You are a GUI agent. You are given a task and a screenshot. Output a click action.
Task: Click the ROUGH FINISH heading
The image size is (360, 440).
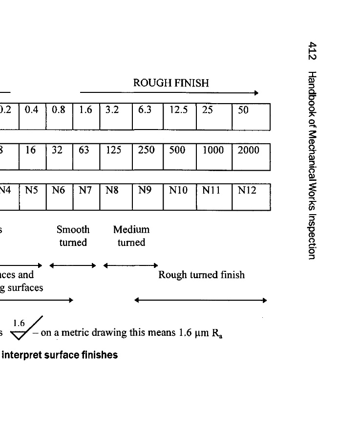[x=171, y=83]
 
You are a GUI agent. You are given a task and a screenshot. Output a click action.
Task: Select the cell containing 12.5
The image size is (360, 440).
[x=179, y=116]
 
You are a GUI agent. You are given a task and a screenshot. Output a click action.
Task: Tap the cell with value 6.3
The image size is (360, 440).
[x=148, y=116]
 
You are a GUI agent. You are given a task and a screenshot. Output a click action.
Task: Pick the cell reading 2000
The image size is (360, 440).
[x=251, y=156]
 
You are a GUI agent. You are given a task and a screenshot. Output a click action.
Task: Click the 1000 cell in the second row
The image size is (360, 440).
[x=214, y=156]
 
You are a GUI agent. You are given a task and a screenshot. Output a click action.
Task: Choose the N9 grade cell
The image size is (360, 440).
[x=148, y=197]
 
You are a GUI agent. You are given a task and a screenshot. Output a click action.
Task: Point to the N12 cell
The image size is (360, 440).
[x=251, y=197]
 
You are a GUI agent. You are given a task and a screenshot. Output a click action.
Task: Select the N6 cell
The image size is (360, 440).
[x=59, y=197]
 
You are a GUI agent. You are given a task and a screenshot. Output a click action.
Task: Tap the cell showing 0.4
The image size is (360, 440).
[x=32, y=116]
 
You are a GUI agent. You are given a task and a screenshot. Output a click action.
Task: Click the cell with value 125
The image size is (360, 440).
[x=116, y=156]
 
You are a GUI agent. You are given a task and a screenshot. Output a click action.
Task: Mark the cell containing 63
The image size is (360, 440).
[x=86, y=156]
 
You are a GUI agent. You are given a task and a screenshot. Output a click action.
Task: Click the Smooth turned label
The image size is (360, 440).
[x=73, y=236]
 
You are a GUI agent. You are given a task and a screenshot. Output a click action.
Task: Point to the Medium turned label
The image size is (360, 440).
[x=131, y=236]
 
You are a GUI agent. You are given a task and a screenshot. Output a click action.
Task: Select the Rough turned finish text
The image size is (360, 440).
[x=201, y=275]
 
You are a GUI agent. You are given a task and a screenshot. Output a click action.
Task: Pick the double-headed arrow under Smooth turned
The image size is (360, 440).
[x=73, y=265]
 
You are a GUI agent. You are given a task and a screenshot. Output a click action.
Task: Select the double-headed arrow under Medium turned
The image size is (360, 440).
[x=130, y=265]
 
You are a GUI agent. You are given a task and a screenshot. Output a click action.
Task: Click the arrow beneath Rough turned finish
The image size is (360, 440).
[x=201, y=300]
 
